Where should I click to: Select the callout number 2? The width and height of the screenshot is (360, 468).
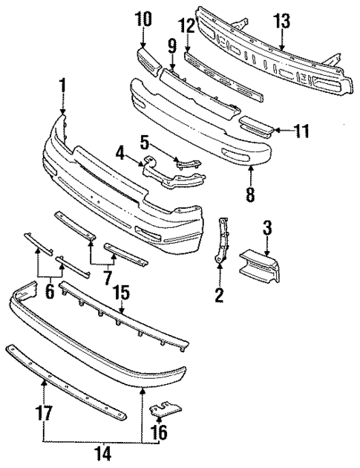219,296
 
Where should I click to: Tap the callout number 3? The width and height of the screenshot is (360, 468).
267,227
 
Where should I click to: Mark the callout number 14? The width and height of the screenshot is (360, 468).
99,451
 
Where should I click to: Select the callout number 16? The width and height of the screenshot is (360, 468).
160,432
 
